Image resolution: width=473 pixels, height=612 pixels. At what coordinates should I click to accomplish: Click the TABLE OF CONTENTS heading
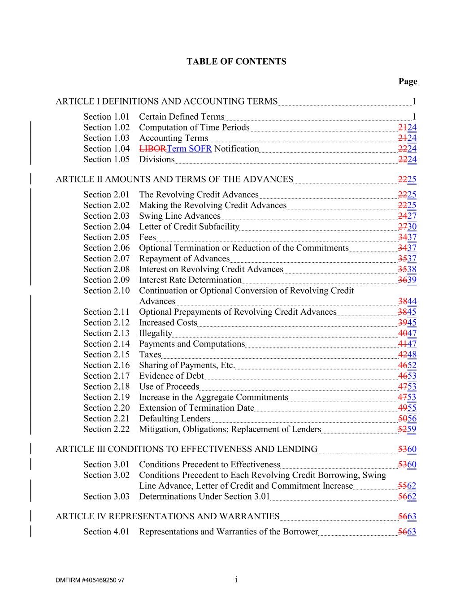236,61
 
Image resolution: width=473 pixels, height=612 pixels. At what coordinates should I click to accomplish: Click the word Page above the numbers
408,81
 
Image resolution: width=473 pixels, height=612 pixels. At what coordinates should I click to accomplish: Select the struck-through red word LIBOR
152,149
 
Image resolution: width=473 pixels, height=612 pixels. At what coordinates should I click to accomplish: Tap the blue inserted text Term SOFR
189,149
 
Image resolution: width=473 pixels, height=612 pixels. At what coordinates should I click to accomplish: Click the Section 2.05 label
106,237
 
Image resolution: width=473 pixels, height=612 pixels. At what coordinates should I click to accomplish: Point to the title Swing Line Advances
179,216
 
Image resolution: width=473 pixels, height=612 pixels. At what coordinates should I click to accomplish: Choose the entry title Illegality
155,333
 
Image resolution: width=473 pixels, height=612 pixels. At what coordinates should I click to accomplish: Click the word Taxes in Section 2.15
150,355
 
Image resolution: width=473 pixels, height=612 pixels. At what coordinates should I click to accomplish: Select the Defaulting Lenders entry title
174,418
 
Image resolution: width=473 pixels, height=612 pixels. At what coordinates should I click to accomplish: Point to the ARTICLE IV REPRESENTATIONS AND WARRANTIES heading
167,517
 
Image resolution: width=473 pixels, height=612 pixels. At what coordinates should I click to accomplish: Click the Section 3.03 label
106,496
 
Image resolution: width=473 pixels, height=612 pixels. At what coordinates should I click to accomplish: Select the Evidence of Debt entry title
171,376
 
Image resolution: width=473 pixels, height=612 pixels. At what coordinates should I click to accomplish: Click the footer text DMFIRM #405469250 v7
90,580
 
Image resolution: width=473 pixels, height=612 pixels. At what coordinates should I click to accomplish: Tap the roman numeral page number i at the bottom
236,580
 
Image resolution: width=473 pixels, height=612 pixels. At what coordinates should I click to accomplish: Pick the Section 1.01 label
106,117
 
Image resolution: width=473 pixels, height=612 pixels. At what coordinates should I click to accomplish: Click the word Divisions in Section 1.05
156,160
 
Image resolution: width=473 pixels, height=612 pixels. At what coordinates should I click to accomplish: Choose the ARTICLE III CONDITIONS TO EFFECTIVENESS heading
186,449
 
